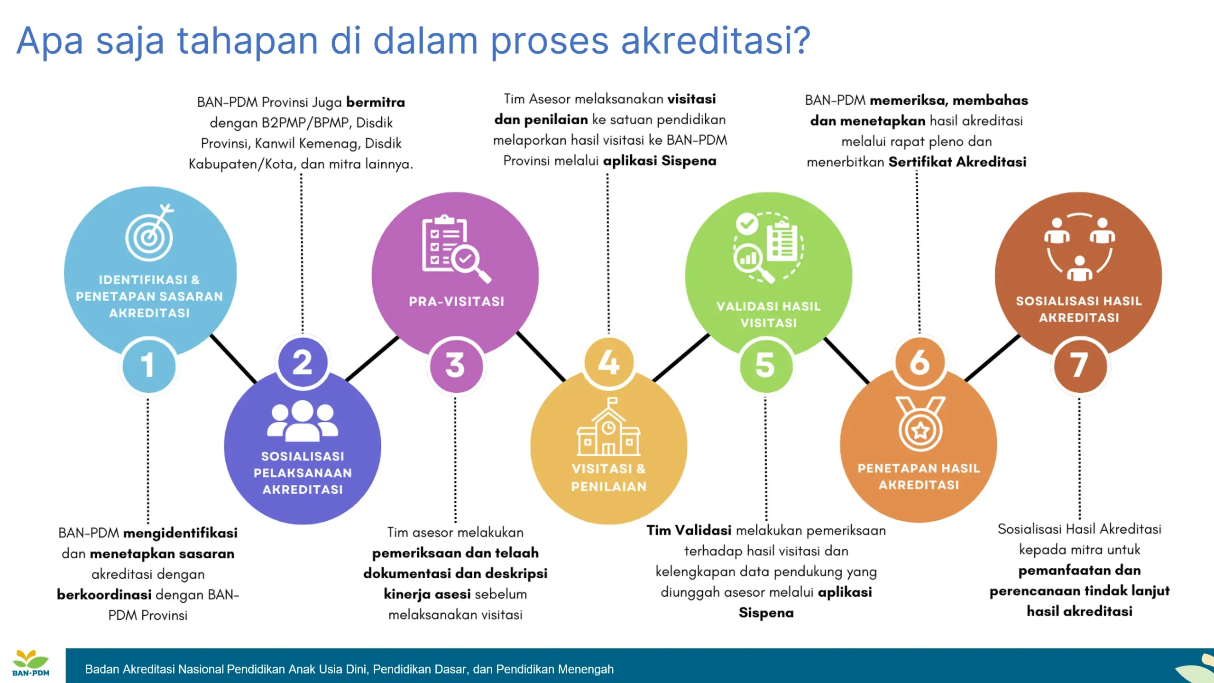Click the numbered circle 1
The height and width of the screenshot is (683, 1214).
pyautogui.click(x=149, y=365)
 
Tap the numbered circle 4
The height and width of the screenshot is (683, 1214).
pyautogui.click(x=609, y=363)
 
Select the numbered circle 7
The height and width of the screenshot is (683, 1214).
pyautogui.click(x=1079, y=365)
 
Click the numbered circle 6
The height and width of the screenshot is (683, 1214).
pyautogui.click(x=920, y=363)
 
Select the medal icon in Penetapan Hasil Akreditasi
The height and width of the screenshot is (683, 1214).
pyautogui.click(x=920, y=424)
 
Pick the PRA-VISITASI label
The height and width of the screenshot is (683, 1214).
pyautogui.click(x=456, y=302)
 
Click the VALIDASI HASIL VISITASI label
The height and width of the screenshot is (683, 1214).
pyautogui.click(x=768, y=314)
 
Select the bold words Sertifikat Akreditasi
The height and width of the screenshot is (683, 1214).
pyautogui.click(x=957, y=162)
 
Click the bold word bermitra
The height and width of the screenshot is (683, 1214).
pyautogui.click(x=375, y=102)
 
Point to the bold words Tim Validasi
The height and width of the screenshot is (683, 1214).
pyautogui.click(x=689, y=530)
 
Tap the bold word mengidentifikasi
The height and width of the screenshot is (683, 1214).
pyautogui.click(x=180, y=533)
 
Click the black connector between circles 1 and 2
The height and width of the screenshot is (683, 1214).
pyautogui.click(x=233, y=359)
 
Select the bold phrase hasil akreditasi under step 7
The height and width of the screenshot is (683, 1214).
pyautogui.click(x=1079, y=611)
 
